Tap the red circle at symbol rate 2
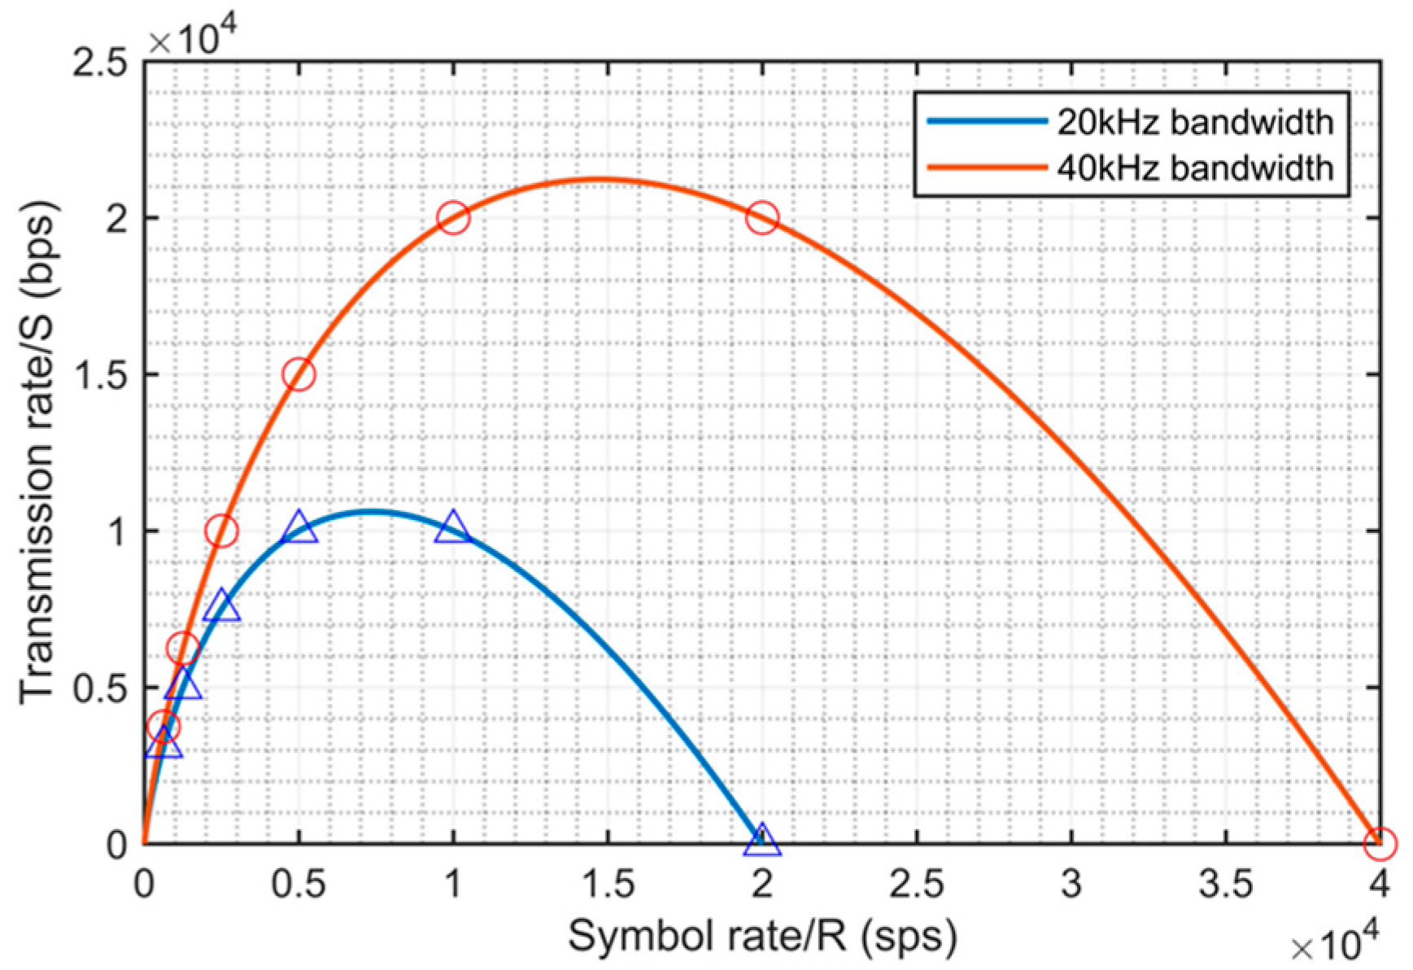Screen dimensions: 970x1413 [x=762, y=217]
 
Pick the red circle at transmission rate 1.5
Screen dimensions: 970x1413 [x=299, y=374]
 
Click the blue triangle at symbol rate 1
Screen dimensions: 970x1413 [x=453, y=528]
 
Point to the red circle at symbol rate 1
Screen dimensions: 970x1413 [x=453, y=217]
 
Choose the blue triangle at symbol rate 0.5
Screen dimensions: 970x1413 [x=299, y=528]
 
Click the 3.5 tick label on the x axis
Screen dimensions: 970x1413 [x=1225, y=884]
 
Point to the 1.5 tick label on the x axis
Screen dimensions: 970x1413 [x=607, y=884]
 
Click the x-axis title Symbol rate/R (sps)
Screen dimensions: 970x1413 [x=761, y=936]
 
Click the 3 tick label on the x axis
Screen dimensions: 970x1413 [x=1071, y=884]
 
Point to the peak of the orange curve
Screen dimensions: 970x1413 [x=600, y=179]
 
